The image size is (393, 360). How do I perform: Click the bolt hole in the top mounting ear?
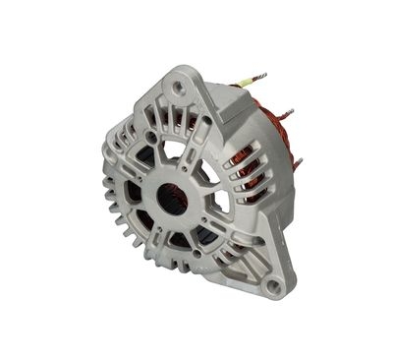point(177,87)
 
